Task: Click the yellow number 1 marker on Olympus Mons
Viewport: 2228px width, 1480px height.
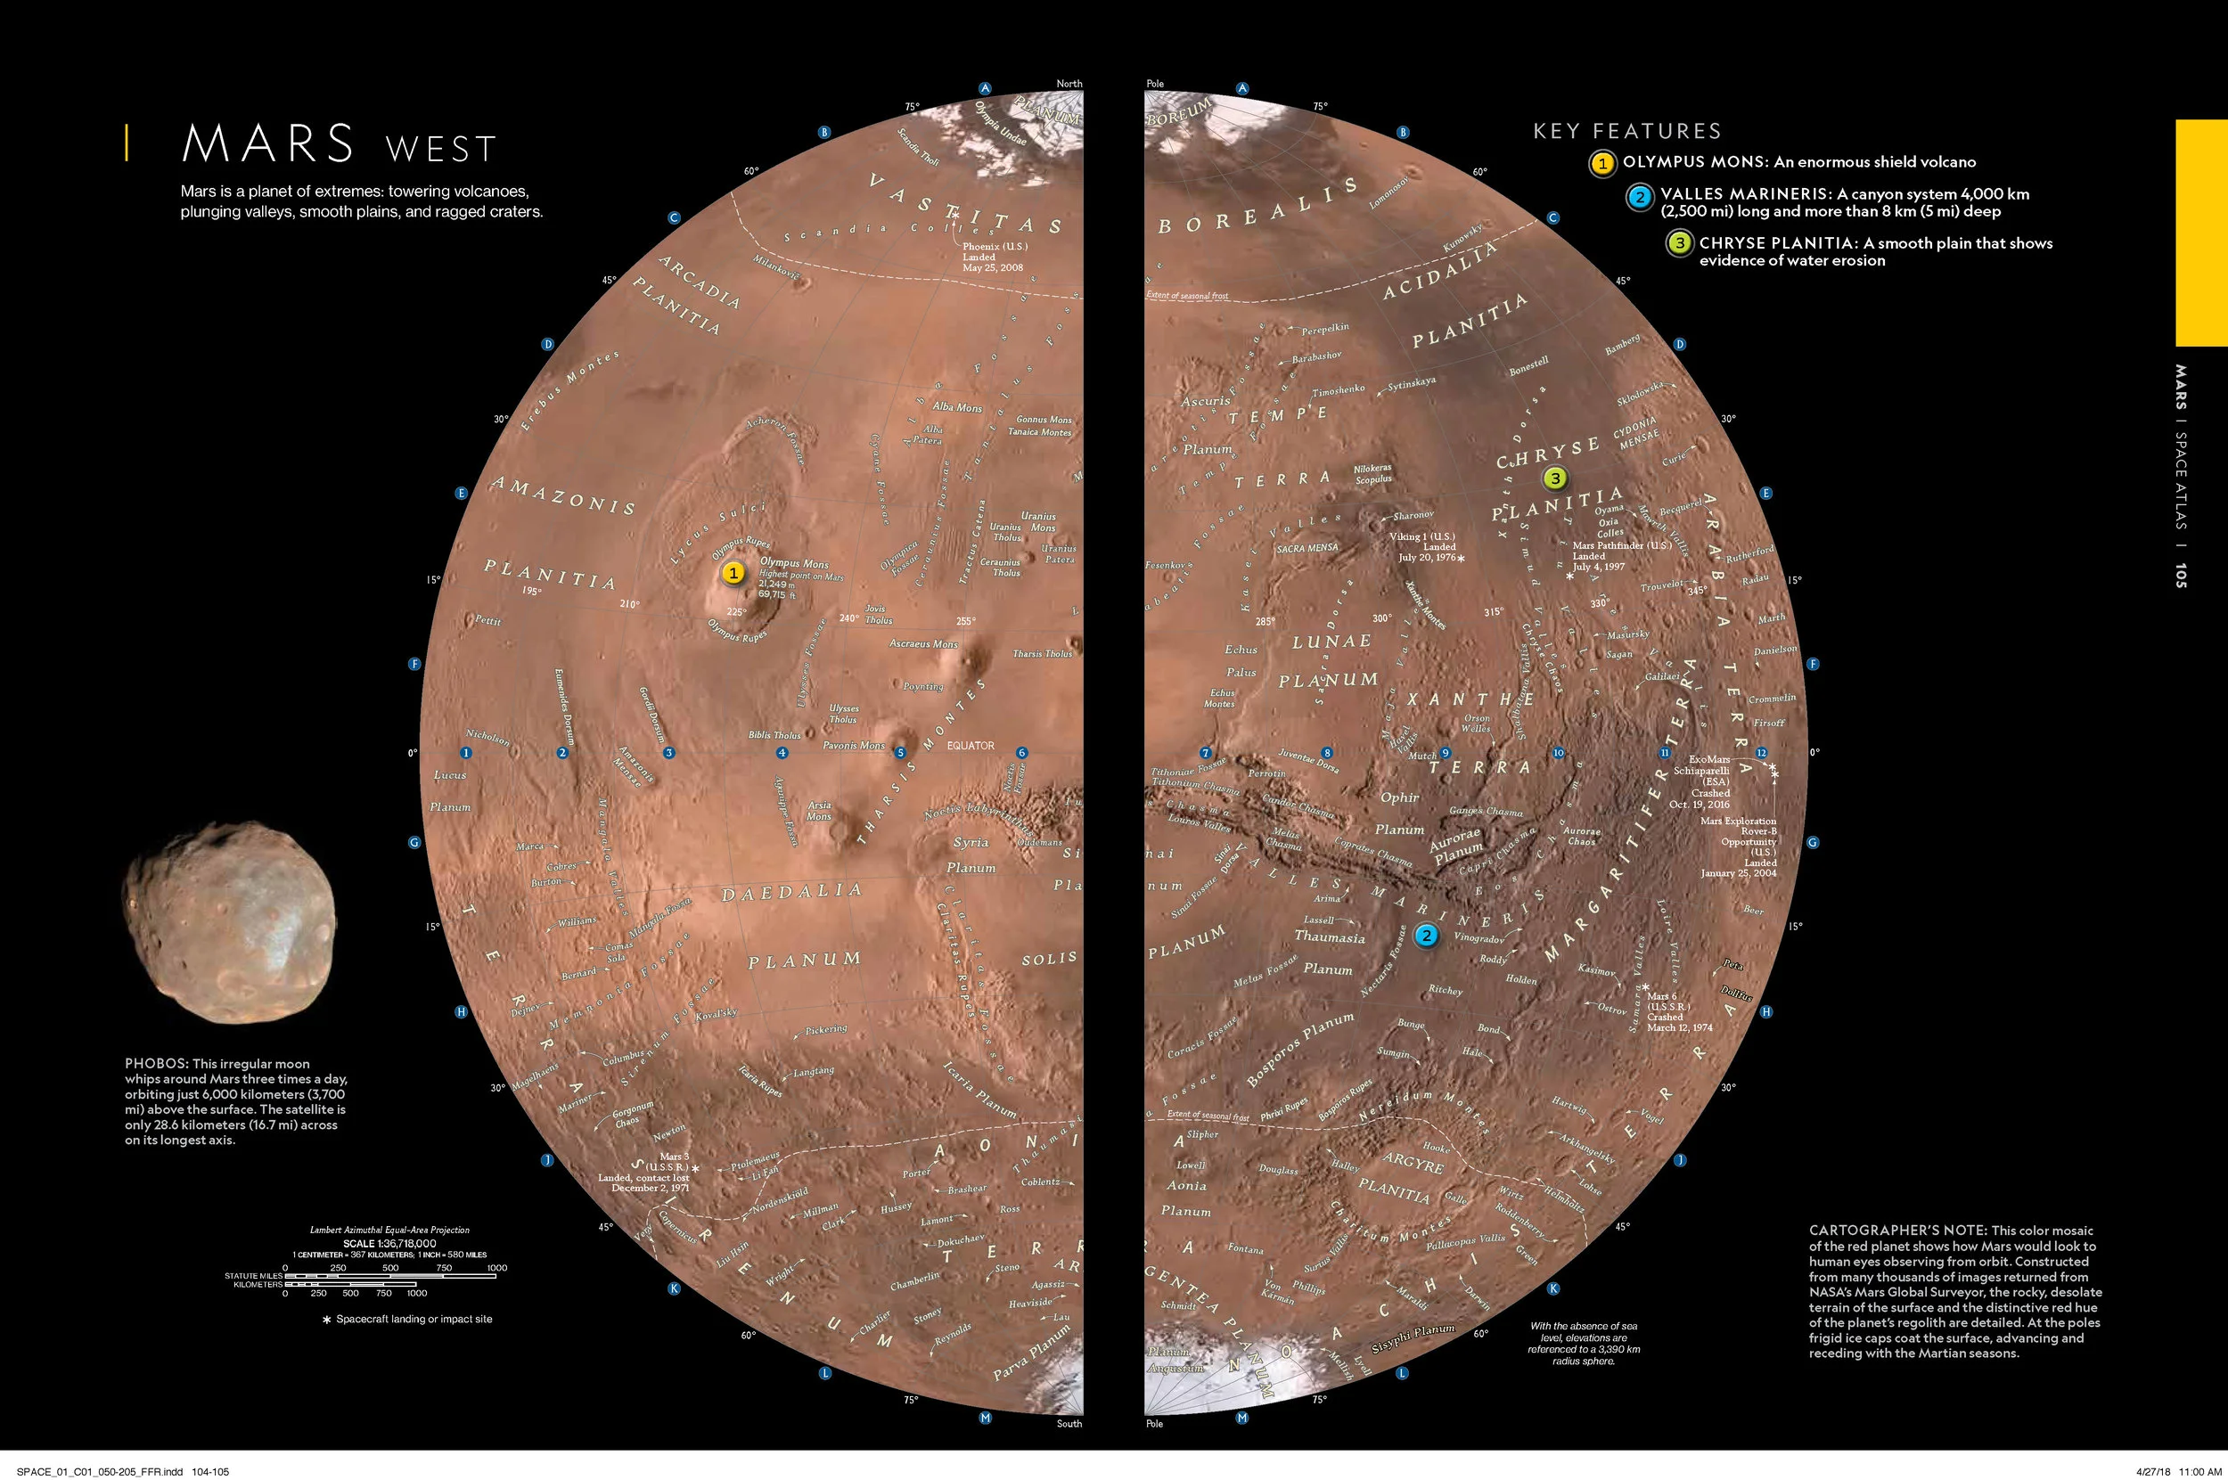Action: coord(733,573)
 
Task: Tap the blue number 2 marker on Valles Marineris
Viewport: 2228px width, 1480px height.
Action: coord(1427,936)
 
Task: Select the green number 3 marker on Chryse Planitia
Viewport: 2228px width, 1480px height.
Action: coord(1555,478)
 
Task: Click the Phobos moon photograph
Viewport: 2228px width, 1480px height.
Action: coord(229,921)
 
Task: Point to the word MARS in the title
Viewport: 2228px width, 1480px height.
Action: coord(268,144)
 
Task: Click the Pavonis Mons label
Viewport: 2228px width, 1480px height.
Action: coord(854,746)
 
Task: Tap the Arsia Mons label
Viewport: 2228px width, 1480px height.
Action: coord(818,811)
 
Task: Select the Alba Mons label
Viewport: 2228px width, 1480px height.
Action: coord(956,408)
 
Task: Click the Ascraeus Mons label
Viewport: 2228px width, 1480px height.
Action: coord(923,643)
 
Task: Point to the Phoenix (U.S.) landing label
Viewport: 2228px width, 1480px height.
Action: coord(994,246)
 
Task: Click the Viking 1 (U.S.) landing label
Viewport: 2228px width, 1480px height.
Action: coord(1421,537)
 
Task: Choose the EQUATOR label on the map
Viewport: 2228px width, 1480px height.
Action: coord(971,746)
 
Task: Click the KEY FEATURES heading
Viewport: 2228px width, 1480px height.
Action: coord(1626,131)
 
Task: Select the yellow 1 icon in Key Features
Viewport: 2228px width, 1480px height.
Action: coord(1602,163)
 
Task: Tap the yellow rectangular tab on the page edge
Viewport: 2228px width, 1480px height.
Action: coord(2200,233)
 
